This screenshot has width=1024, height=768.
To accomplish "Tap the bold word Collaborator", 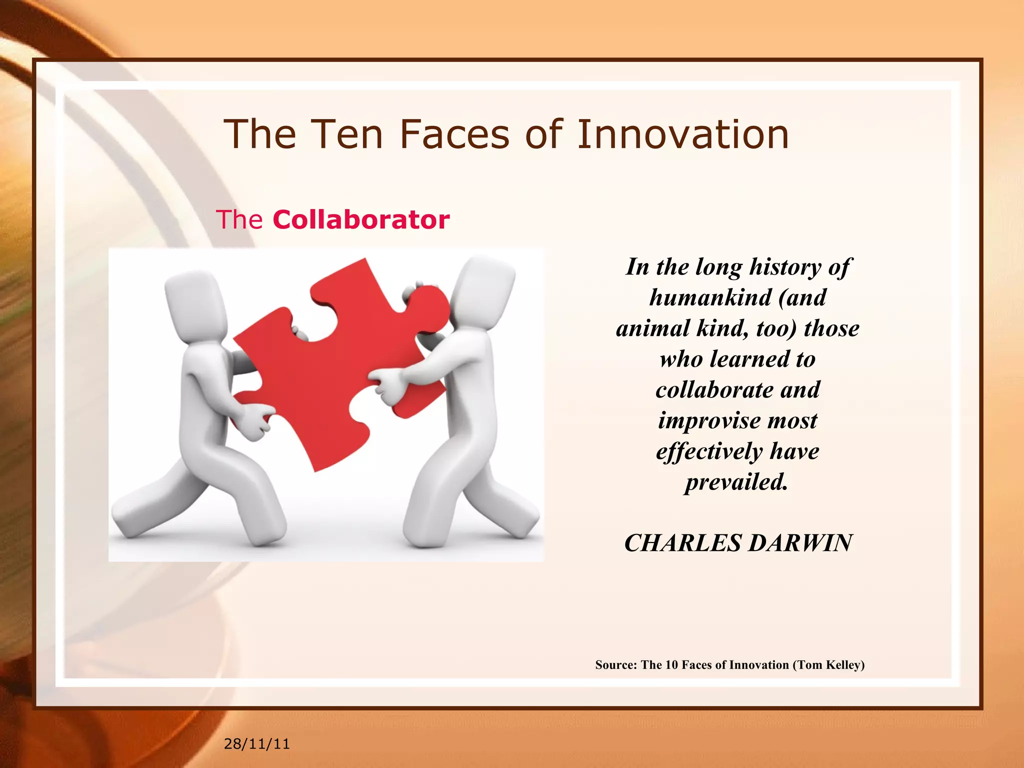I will (x=361, y=219).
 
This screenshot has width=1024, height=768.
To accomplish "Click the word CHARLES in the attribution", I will (x=682, y=543).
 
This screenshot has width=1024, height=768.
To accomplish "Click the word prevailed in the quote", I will (x=736, y=482).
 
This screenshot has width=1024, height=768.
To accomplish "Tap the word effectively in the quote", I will (x=709, y=451).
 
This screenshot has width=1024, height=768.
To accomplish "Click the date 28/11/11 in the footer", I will (x=256, y=744).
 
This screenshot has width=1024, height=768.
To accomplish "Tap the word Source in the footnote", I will (x=615, y=665).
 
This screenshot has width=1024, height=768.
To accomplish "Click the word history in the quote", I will (x=784, y=267).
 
